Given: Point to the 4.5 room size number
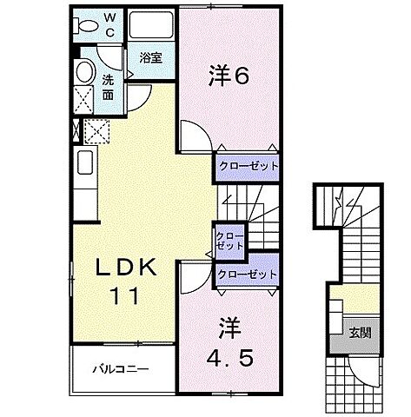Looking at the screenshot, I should coord(229,358).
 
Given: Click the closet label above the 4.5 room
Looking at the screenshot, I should coord(248,275).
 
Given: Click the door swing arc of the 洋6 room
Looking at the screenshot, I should coord(193,137).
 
